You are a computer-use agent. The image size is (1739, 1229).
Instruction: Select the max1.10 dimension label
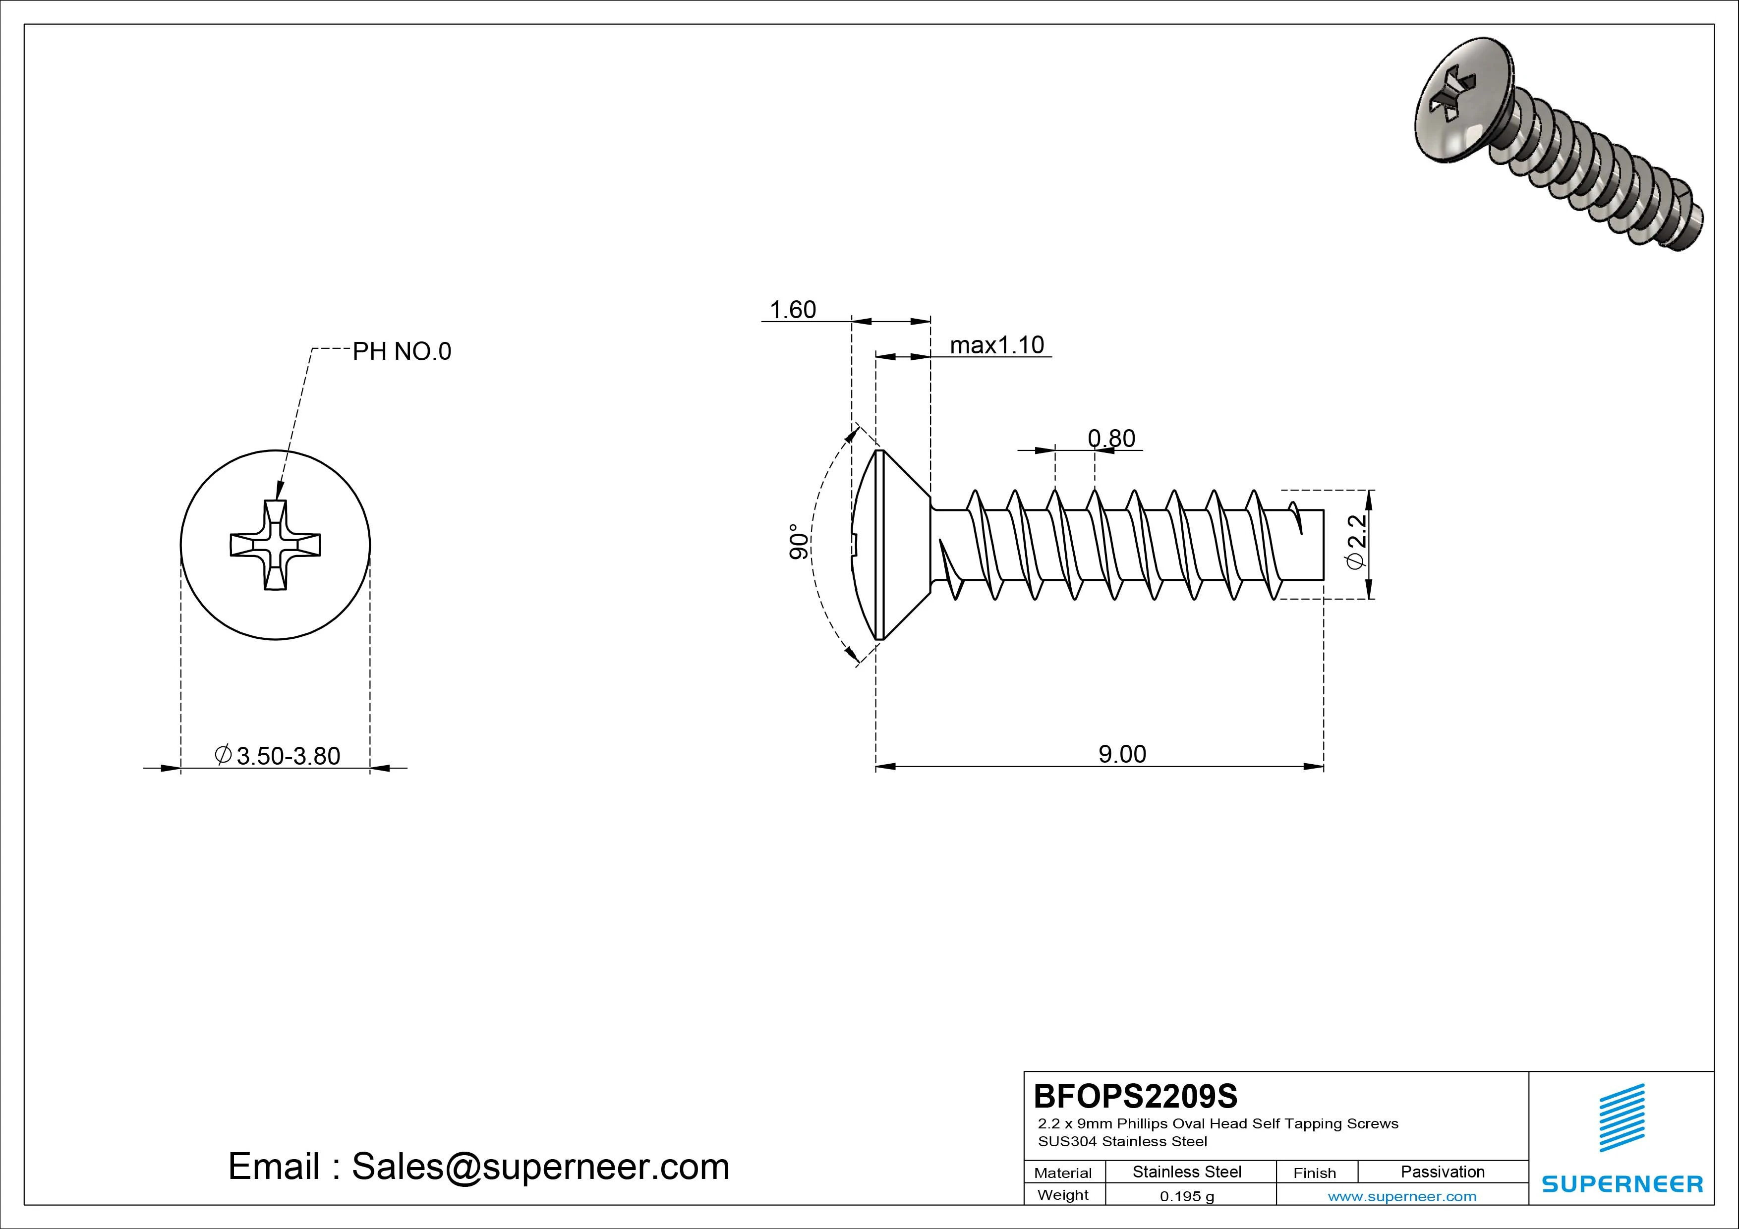pyautogui.click(x=997, y=345)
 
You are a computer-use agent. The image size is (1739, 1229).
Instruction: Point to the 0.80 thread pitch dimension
pyautogui.click(x=1111, y=439)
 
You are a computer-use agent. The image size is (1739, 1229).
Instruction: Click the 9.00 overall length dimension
pyautogui.click(x=1122, y=754)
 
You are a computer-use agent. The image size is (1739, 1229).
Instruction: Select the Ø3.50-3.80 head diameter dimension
pyautogui.click(x=278, y=756)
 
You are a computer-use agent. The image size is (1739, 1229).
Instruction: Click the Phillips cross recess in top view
pyautogui.click(x=276, y=545)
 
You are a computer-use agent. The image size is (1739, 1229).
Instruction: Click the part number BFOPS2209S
pyautogui.click(x=1135, y=1096)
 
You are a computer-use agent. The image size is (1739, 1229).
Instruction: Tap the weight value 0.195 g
pyautogui.click(x=1186, y=1196)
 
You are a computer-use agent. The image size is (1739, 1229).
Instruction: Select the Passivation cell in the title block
pyautogui.click(x=1442, y=1172)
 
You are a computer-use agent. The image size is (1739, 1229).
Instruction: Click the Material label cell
pyautogui.click(x=1063, y=1173)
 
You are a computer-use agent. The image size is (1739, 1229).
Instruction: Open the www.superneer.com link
pyautogui.click(x=1401, y=1196)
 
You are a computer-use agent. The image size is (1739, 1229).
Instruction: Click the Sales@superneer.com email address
pyautogui.click(x=540, y=1167)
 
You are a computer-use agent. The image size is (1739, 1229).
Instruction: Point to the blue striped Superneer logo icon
pyautogui.click(x=1622, y=1117)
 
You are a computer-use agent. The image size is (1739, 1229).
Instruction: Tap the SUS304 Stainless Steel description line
pyautogui.click(x=1122, y=1141)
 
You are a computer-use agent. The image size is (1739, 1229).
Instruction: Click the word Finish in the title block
pyautogui.click(x=1314, y=1173)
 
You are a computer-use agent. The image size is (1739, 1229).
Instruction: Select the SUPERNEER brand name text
pyautogui.click(x=1622, y=1183)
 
